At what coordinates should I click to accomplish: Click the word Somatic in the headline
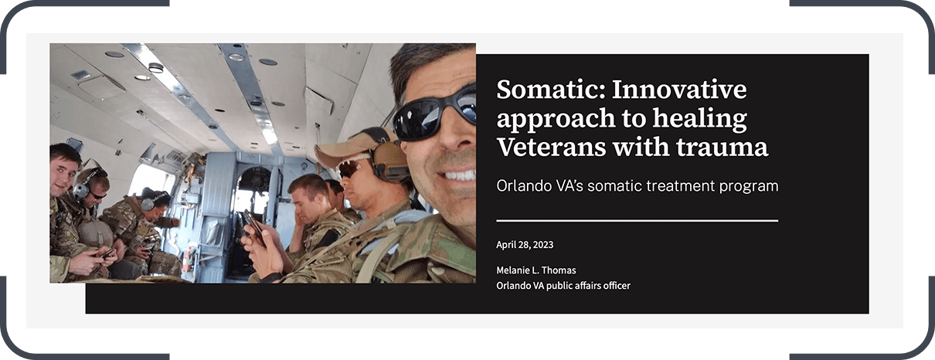(550, 90)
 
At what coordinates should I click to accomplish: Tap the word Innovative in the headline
(679, 90)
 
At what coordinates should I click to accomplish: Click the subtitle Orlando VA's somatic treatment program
(637, 186)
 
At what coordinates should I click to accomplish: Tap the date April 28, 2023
(525, 245)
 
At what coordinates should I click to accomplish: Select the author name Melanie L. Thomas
(536, 270)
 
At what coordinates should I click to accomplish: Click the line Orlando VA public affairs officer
(563, 286)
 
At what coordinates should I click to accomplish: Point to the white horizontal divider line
(637, 221)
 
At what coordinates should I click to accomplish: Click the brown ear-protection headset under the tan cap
(388, 158)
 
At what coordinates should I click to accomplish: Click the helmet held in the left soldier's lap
(95, 233)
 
